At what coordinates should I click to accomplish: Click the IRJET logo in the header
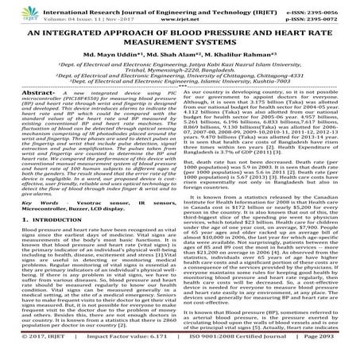point(23,11)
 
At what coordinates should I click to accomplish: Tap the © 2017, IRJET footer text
point(29,352)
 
